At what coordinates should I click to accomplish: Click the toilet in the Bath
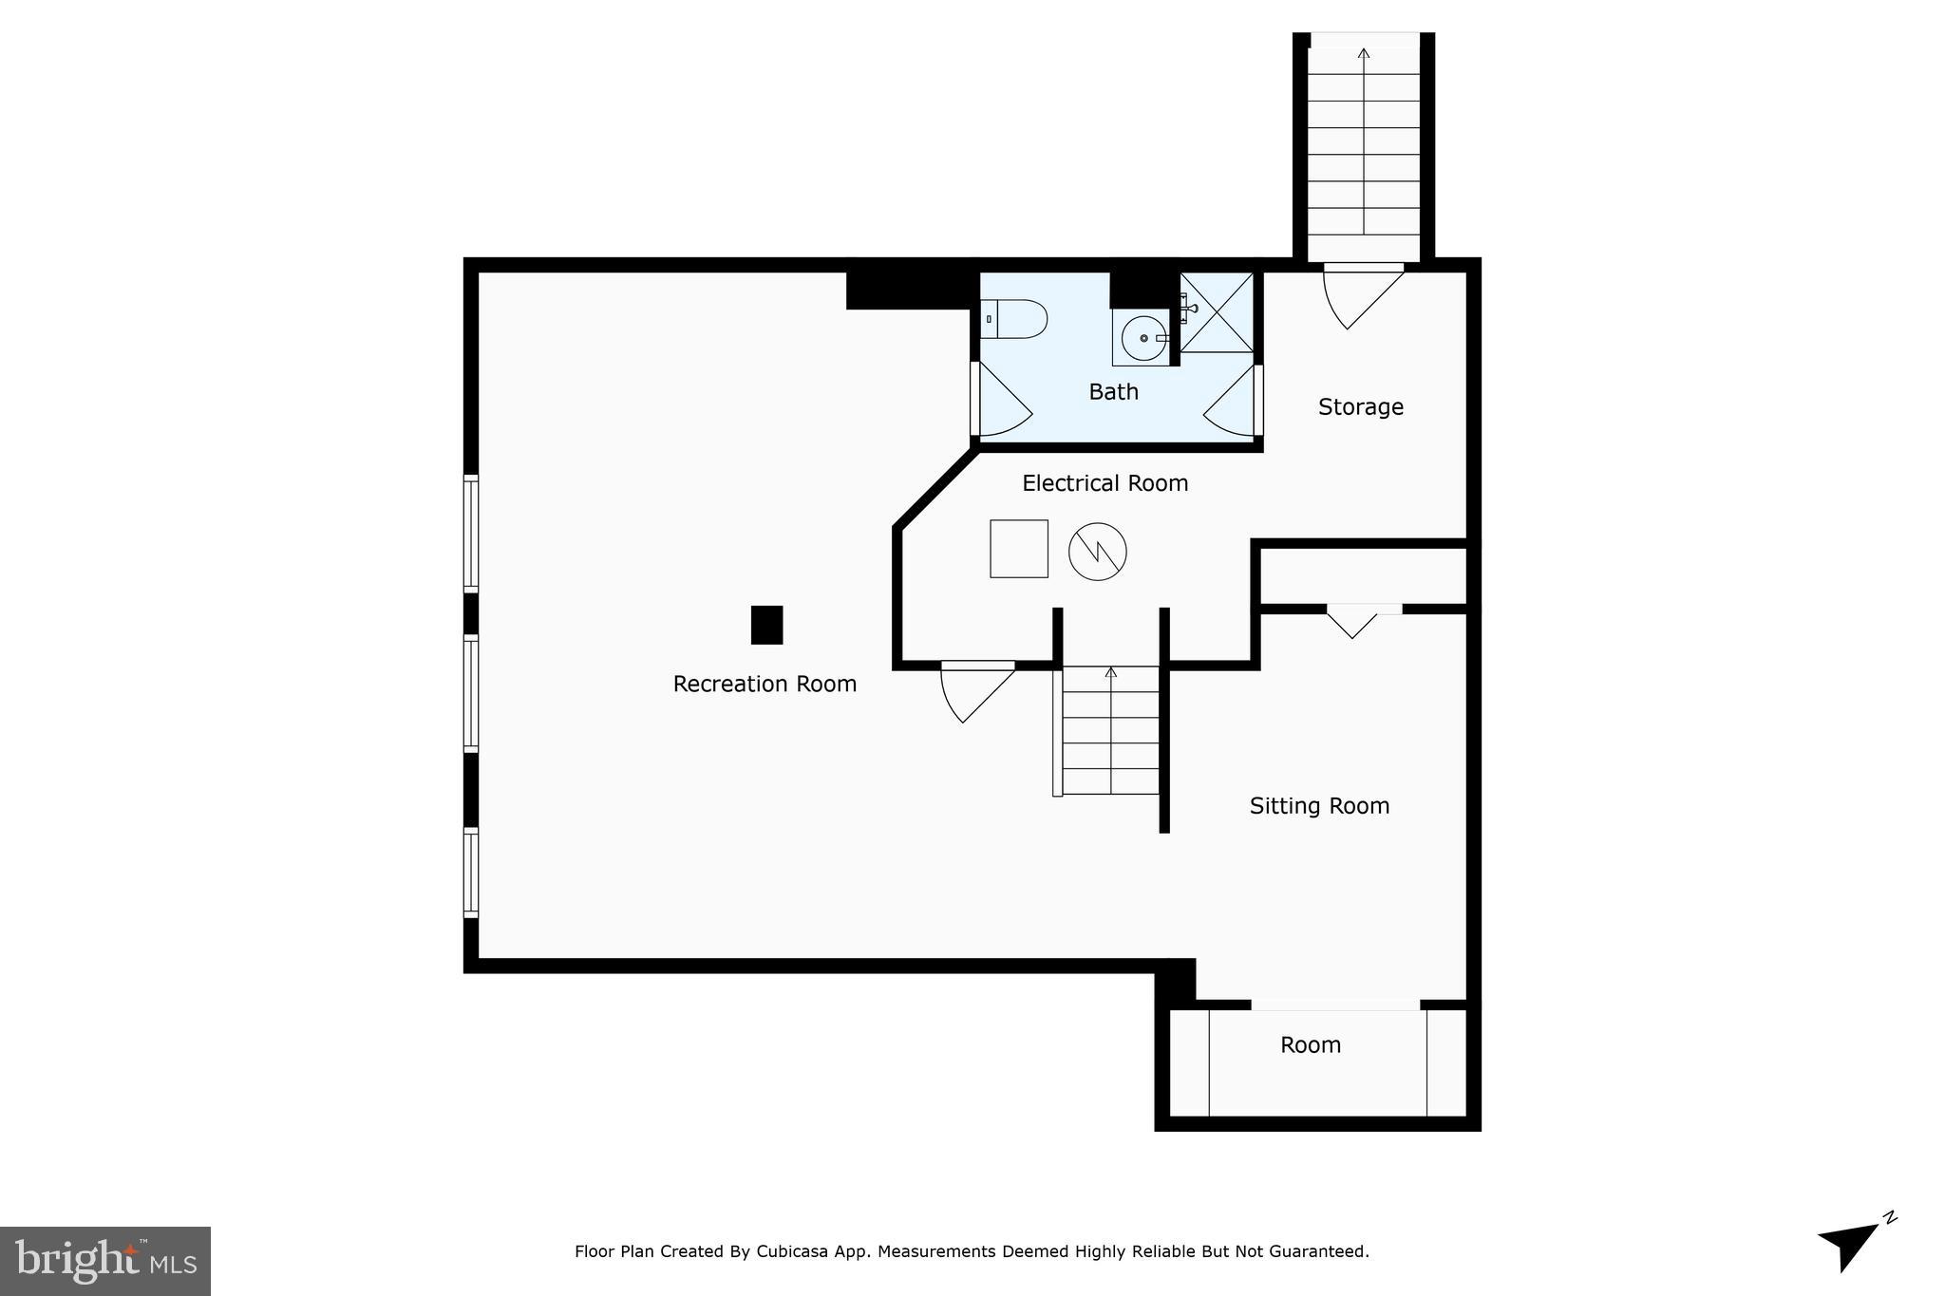[1015, 319]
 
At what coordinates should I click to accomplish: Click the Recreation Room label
[765, 684]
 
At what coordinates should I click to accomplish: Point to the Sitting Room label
[1319, 805]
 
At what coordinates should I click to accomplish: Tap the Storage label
[1360, 406]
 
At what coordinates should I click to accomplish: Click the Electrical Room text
[1105, 483]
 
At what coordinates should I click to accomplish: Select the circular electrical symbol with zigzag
[1097, 551]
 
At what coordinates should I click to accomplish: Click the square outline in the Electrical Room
[1018, 548]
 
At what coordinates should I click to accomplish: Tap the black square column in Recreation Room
[766, 625]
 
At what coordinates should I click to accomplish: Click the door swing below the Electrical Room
[972, 688]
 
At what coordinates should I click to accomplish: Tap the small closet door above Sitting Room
[1351, 621]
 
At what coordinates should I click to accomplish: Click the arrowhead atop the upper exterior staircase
[1364, 53]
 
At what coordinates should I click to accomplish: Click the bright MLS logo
[105, 1261]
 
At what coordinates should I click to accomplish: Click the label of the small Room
[1310, 1044]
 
